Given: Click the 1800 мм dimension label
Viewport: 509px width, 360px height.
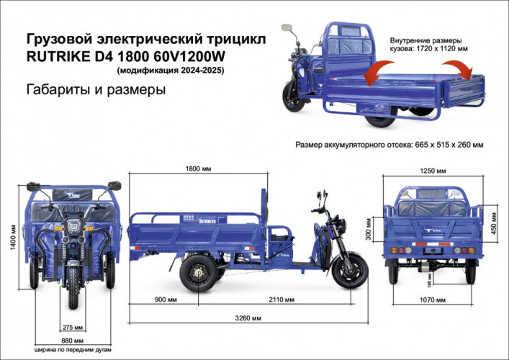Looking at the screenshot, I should pos(198,169).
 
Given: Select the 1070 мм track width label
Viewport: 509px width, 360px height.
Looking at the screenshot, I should pos(431,300).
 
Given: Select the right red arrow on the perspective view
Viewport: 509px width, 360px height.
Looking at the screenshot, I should pos(461,71).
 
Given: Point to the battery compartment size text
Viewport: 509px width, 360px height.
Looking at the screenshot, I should pos(389,145).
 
